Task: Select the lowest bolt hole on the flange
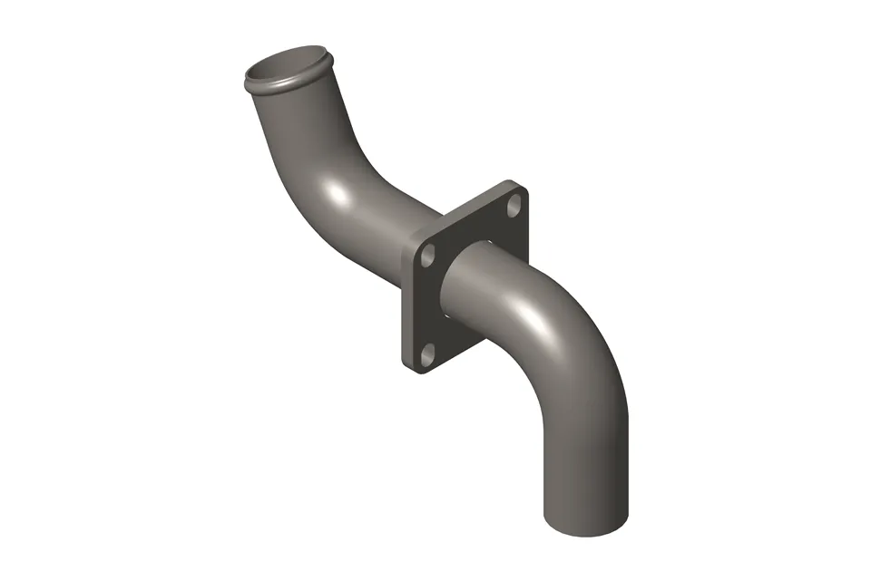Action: pos(429,353)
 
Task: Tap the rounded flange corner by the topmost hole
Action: pos(523,189)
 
